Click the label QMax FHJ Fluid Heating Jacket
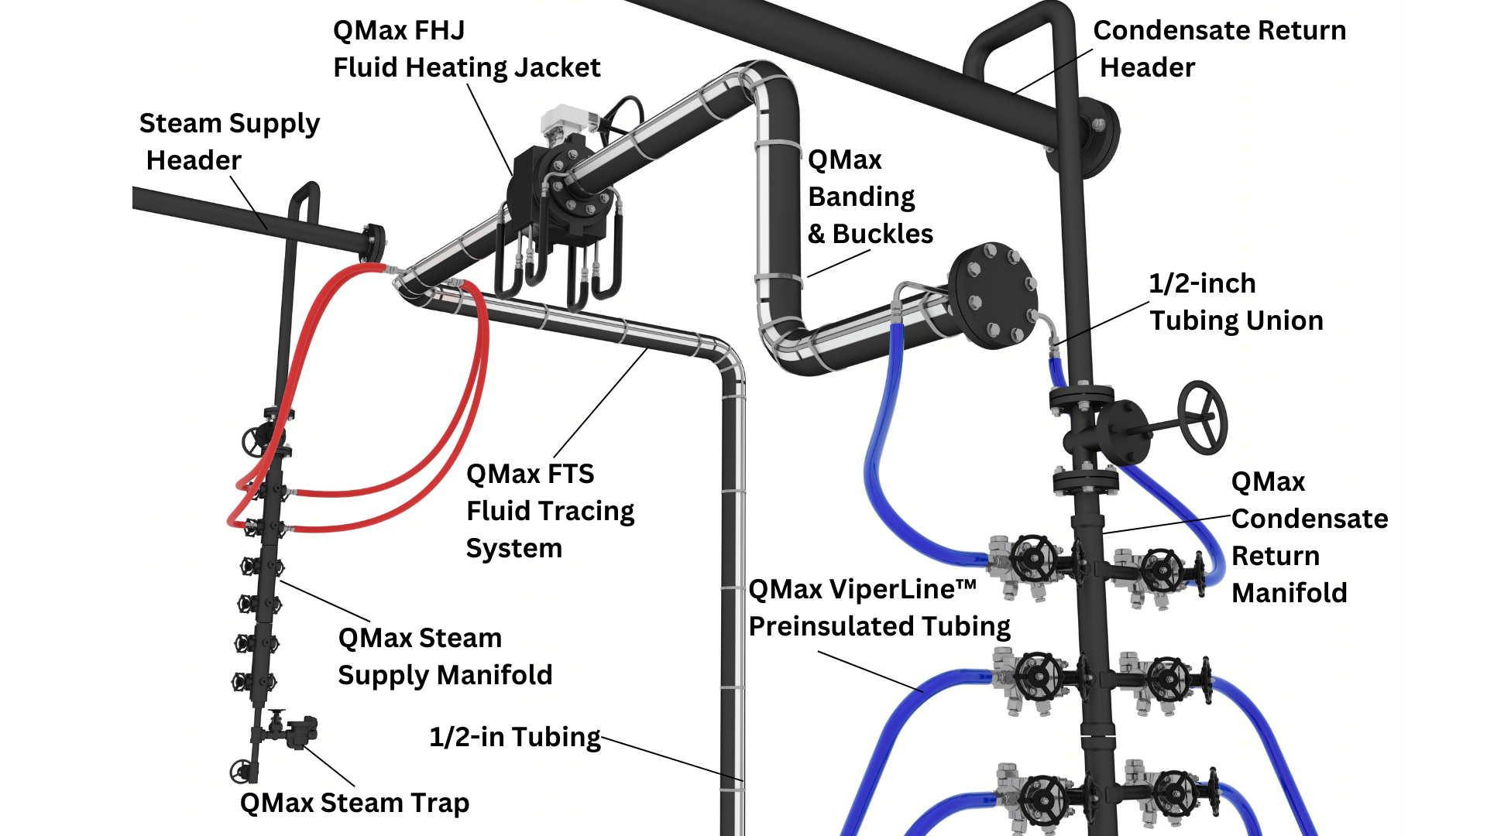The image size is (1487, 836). coord(466,49)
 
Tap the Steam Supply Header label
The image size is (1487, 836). coord(228,142)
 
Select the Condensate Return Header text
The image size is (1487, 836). coord(1218,49)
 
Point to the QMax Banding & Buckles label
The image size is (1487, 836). coord(870,197)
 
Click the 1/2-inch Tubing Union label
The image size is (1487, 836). coord(1235,302)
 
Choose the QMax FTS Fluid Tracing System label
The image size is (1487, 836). coord(550,511)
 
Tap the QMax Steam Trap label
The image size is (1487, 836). coord(354,803)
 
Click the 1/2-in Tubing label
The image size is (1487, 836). coord(514,737)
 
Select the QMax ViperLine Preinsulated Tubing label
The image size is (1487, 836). coord(878,608)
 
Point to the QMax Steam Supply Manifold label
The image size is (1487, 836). coord(445,656)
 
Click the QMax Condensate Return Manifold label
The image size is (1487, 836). coord(1309,537)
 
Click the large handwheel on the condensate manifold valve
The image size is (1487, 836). coord(1202,417)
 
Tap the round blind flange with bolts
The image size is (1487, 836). coord(994,295)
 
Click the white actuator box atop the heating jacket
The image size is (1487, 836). coord(563,121)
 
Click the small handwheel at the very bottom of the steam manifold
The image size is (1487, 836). coord(241,771)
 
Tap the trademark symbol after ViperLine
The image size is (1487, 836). coord(966,584)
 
